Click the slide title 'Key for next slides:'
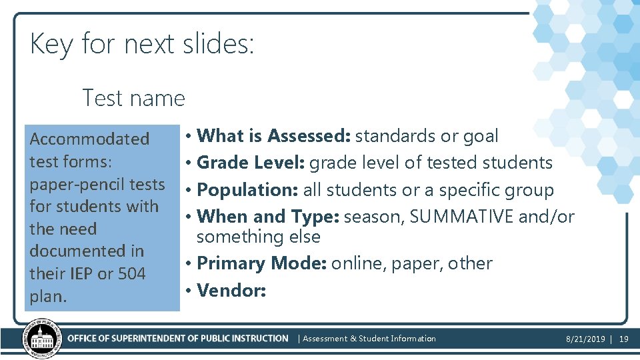tap(141, 45)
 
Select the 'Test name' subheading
tap(133, 98)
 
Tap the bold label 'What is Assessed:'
tap(274, 136)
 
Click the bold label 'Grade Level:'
tap(251, 163)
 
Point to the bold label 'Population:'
tap(247, 190)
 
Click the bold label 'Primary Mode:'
tap(261, 263)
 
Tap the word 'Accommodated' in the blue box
tap(89, 139)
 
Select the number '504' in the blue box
tap(131, 273)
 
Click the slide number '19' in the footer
tap(624, 339)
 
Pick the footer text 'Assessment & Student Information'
tap(369, 339)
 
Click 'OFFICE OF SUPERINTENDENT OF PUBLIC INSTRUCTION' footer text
tap(178, 339)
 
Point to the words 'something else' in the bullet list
tap(259, 237)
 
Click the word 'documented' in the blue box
tap(67, 251)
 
